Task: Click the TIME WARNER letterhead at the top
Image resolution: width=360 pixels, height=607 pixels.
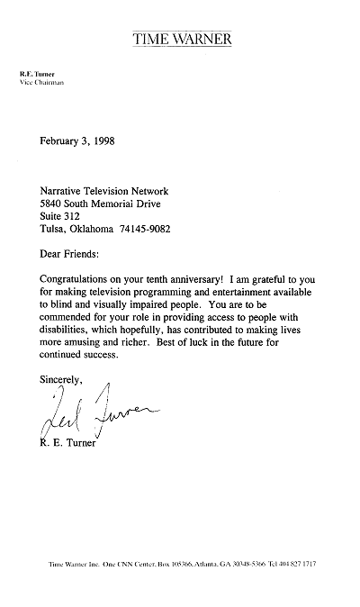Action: click(182, 39)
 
